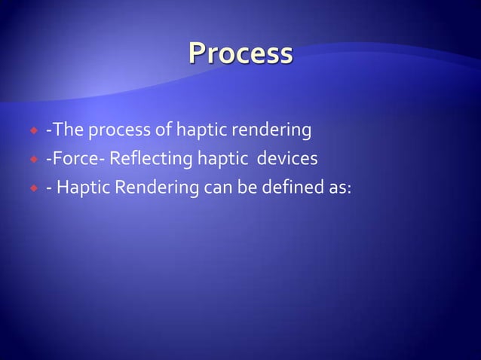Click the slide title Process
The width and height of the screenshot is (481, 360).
point(240,54)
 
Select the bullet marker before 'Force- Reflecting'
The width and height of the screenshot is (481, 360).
point(32,160)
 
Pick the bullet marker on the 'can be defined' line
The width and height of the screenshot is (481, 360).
point(32,188)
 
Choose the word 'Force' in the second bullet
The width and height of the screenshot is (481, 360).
point(74,159)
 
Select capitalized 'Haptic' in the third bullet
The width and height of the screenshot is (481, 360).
point(81,188)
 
